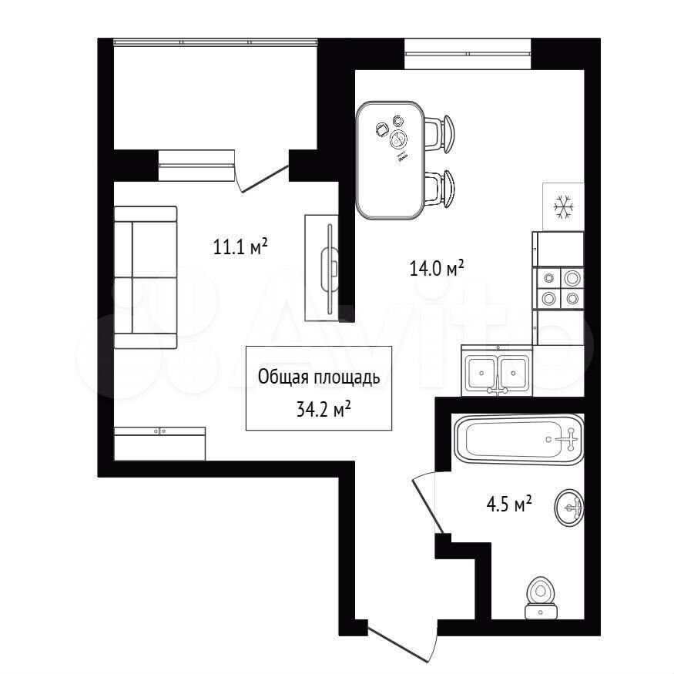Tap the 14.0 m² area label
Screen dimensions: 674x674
click(437, 269)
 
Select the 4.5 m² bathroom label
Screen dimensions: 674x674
click(509, 503)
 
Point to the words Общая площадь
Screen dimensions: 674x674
click(319, 377)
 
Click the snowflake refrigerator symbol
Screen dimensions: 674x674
click(563, 206)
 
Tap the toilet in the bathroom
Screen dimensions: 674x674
click(542, 597)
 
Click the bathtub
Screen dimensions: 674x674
click(518, 439)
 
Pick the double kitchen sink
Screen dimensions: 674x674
click(497, 371)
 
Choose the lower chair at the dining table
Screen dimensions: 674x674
click(439, 189)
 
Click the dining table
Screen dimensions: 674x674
click(391, 160)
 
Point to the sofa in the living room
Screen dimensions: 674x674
click(146, 277)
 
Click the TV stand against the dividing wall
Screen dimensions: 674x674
click(321, 268)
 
